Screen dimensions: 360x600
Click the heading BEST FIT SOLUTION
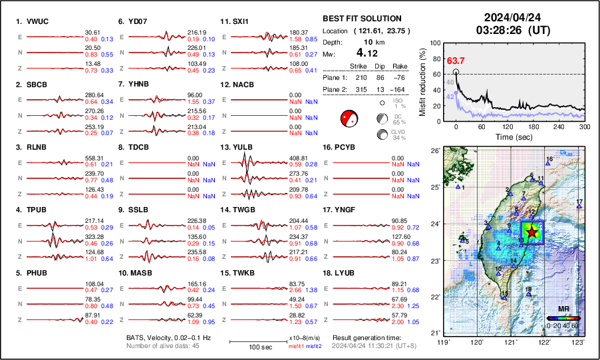tap(361, 19)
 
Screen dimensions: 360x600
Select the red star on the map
tap(532, 230)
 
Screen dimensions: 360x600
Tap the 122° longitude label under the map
tap(545, 343)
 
